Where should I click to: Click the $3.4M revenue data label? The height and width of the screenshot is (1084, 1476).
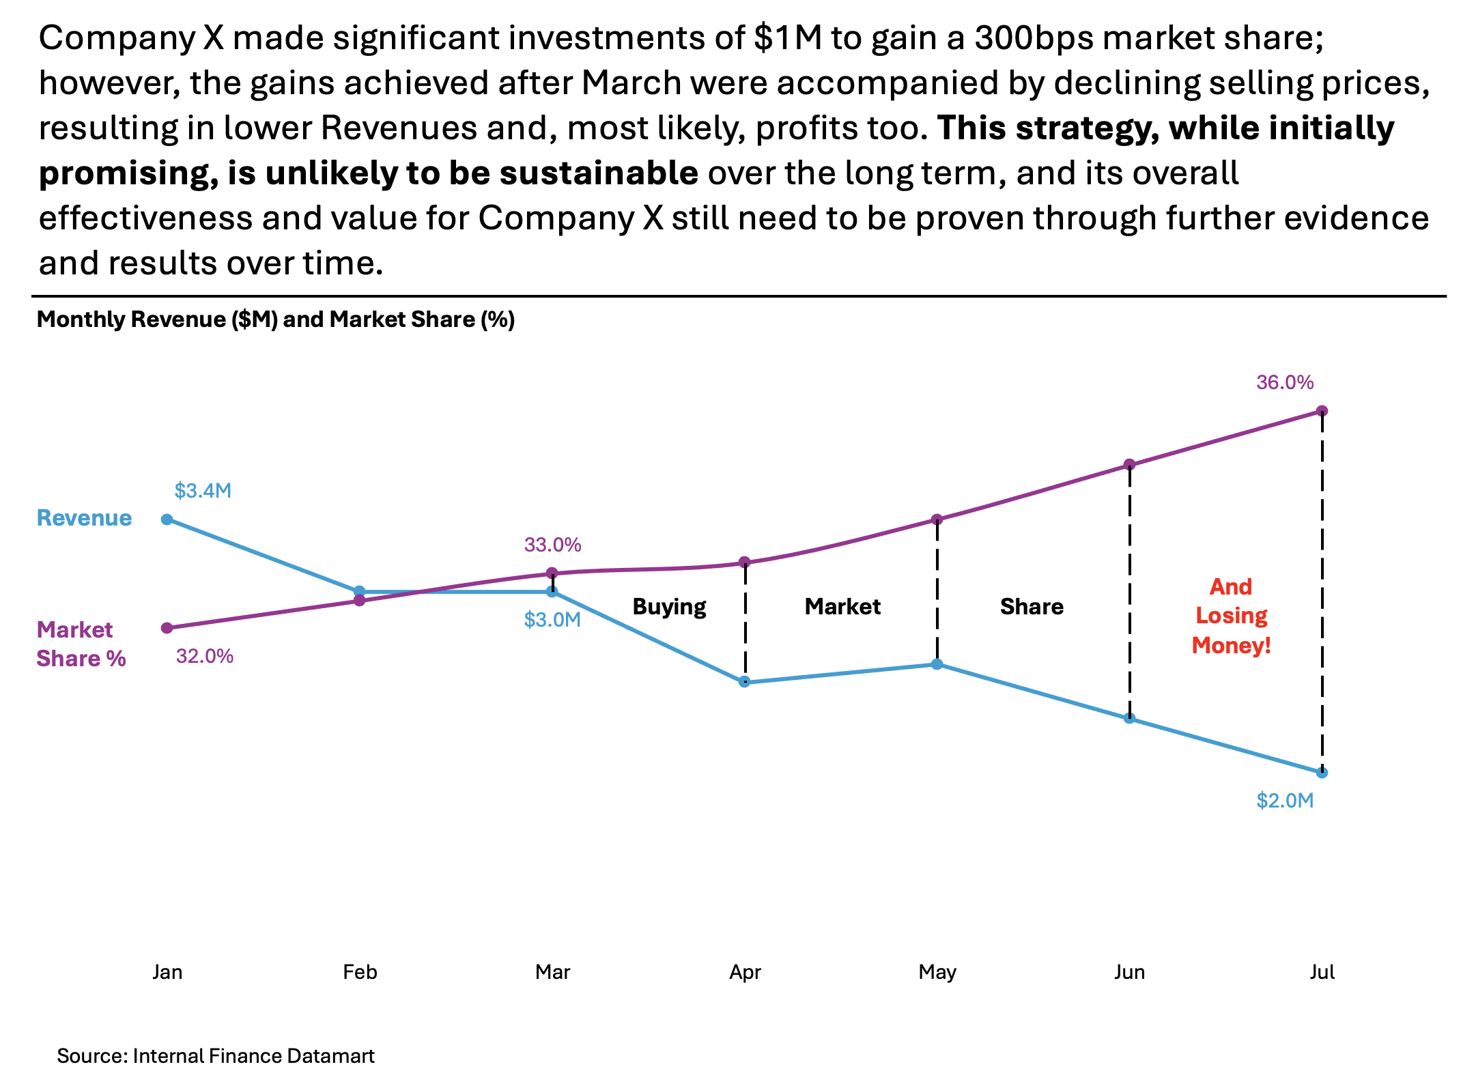point(203,491)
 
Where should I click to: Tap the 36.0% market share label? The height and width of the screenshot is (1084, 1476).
point(1285,382)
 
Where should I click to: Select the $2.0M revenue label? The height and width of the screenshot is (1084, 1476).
point(1285,801)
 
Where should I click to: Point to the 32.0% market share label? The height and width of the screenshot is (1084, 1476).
point(205,657)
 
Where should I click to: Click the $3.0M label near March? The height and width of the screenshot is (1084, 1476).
point(552,620)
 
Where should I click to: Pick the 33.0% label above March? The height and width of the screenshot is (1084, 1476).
point(552,545)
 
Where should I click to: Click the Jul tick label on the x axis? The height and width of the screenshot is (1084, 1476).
point(1322,972)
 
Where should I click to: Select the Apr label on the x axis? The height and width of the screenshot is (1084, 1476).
point(745,972)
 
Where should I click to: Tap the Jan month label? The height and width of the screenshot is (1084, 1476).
point(167,972)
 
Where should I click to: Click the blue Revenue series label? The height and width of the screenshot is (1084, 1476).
point(84,518)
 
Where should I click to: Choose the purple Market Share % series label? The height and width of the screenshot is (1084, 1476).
point(81,644)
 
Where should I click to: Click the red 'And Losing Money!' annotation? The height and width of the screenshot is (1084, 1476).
point(1231,616)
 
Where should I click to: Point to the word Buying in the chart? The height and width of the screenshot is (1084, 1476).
point(669,607)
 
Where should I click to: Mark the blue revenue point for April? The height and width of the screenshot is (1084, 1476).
point(745,682)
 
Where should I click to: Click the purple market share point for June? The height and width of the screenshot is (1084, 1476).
point(1130,465)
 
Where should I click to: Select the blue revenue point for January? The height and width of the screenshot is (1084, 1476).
point(167,519)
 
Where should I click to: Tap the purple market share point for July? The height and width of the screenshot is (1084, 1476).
point(1322,411)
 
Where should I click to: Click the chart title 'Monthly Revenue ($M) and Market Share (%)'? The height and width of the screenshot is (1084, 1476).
point(275,319)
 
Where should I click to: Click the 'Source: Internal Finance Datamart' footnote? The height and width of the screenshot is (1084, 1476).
point(216,1056)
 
